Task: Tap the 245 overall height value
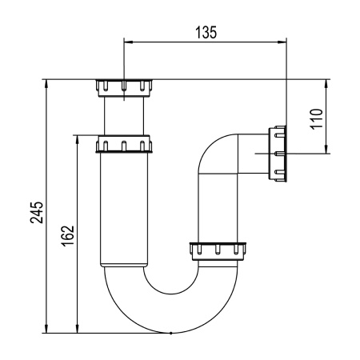[38, 212]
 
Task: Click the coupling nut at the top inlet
[124, 86]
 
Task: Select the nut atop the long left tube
[124, 144]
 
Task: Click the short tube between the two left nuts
[124, 116]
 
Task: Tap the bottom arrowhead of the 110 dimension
[325, 150]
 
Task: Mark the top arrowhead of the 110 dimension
[325, 83]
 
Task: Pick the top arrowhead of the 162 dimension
[78, 138]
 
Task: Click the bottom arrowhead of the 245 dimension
[47, 329]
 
